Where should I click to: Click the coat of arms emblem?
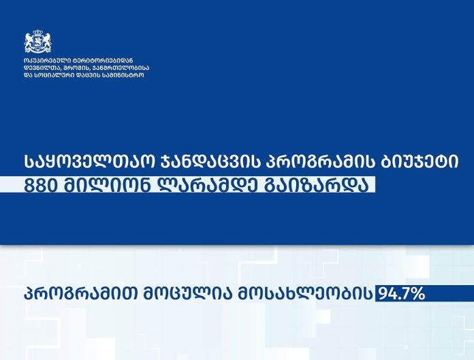[x=37, y=42]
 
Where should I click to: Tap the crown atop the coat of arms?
[x=37, y=32]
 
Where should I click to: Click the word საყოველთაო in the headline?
[x=89, y=162]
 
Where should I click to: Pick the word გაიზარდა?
[x=317, y=185]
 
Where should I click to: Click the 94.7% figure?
[x=400, y=293]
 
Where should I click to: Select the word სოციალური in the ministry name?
[x=54, y=76]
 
